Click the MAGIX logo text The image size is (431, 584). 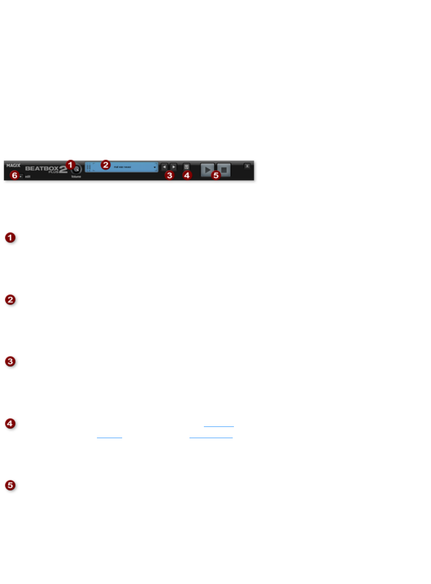pyautogui.click(x=13, y=166)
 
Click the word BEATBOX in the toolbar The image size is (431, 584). pyautogui.click(x=42, y=168)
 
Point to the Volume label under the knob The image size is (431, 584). pyautogui.click(x=76, y=177)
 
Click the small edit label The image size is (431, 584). pyautogui.click(x=28, y=177)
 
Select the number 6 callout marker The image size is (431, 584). pyautogui.click(x=14, y=175)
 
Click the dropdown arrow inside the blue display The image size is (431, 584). pyautogui.click(x=155, y=168)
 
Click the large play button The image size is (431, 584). pyautogui.click(x=207, y=170)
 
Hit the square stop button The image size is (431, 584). pyautogui.click(x=224, y=170)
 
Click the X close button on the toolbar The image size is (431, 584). pyautogui.click(x=247, y=166)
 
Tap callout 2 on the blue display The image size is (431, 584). pyautogui.click(x=105, y=165)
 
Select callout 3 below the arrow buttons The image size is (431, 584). pyautogui.click(x=169, y=175)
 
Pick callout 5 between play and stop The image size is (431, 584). pyautogui.click(x=216, y=175)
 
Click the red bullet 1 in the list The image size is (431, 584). pyautogui.click(x=10, y=238)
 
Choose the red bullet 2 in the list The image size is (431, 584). pyautogui.click(x=10, y=300)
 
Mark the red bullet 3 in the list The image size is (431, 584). pyautogui.click(x=10, y=362)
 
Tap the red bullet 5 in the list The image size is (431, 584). pyautogui.click(x=10, y=485)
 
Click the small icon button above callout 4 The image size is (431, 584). pyautogui.click(x=187, y=166)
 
